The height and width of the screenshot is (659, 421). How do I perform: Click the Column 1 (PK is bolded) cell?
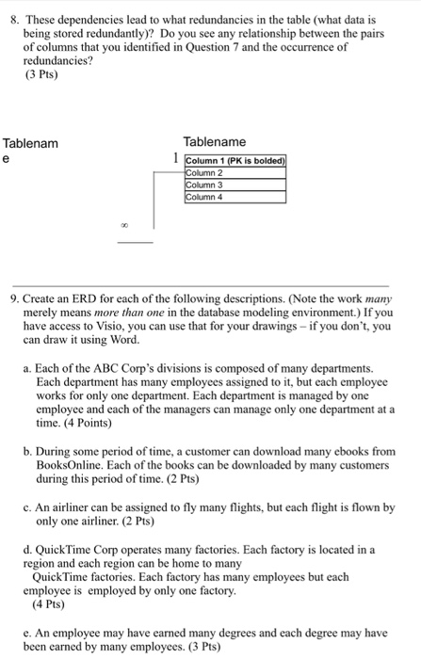click(x=235, y=162)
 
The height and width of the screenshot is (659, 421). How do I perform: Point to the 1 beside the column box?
click(x=176, y=159)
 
